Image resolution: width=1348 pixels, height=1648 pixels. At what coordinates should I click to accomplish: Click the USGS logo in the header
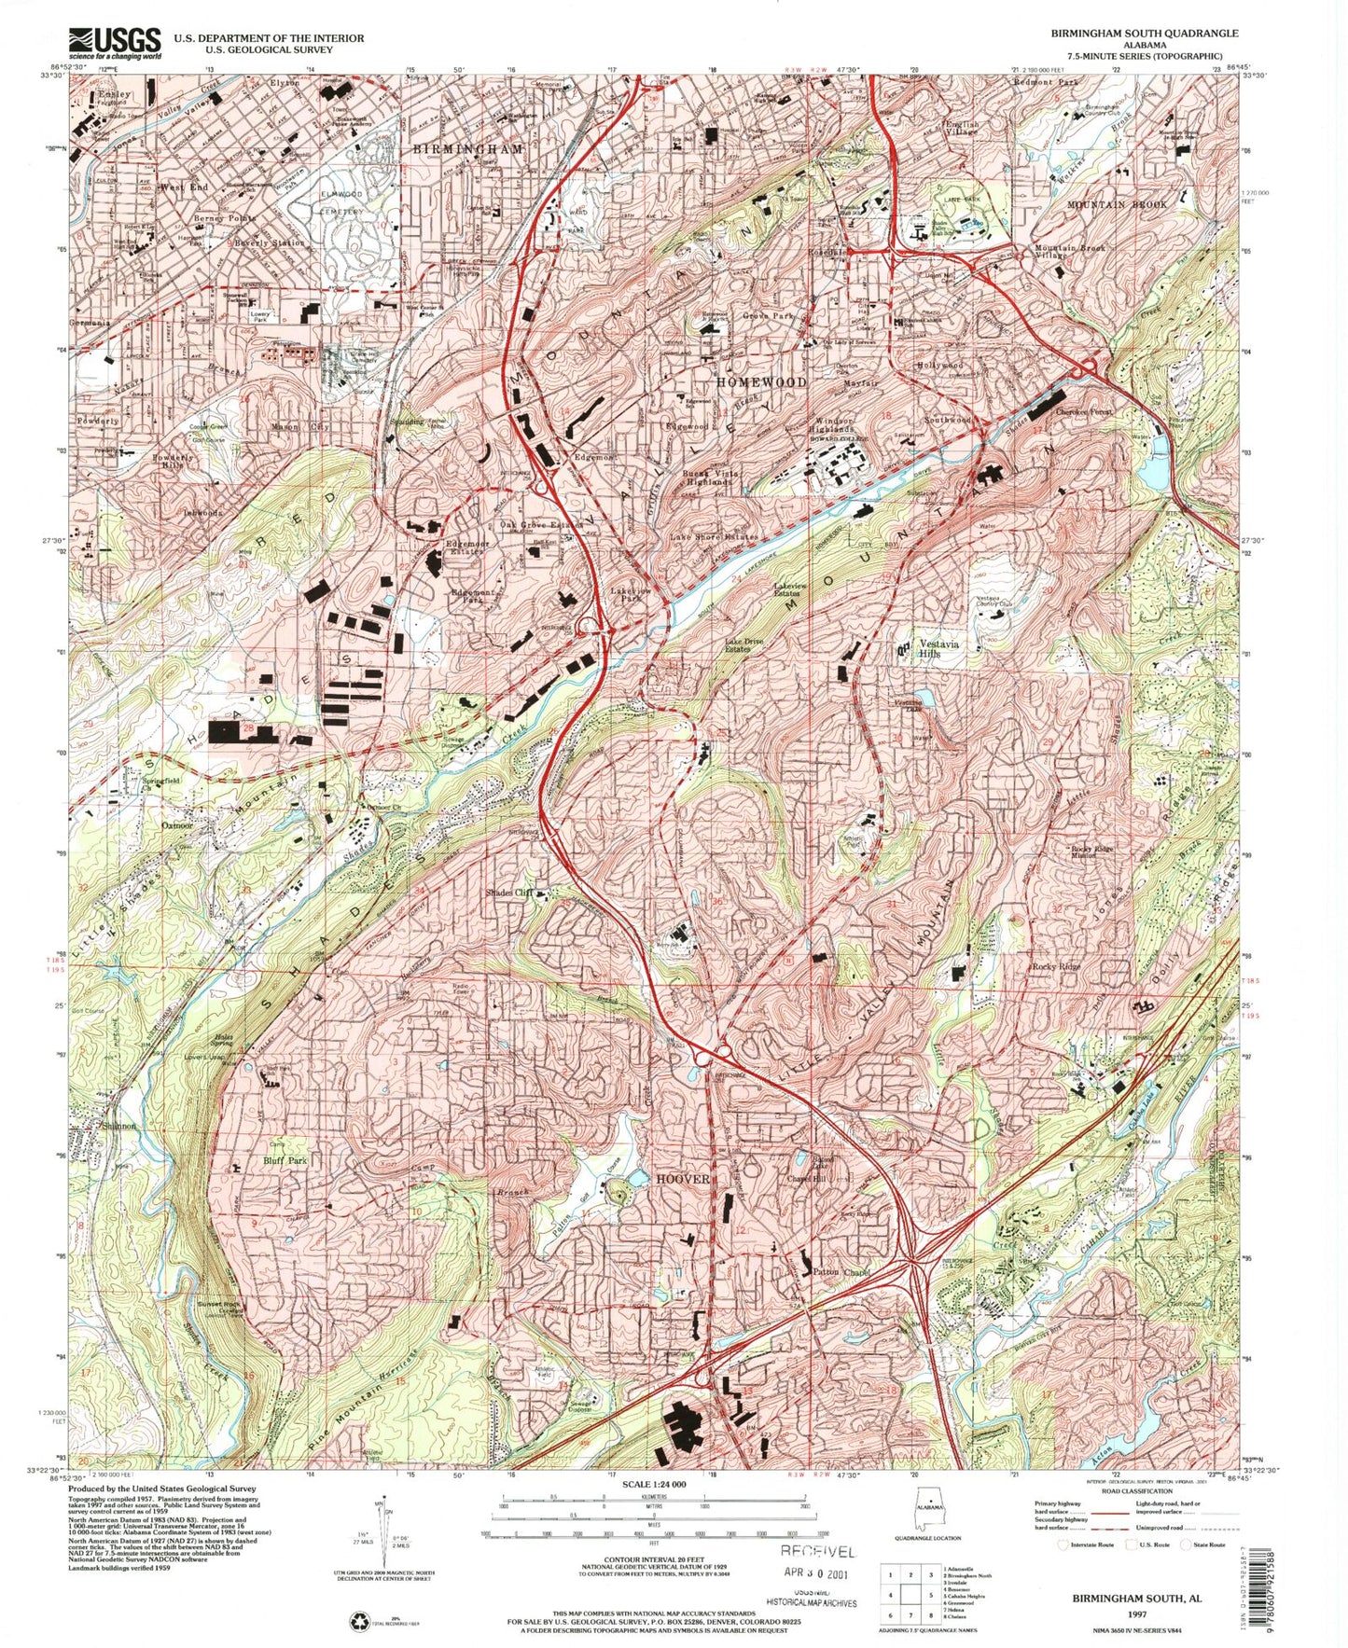(x=114, y=42)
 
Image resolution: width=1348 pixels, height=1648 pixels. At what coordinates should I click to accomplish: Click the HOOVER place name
(x=683, y=1179)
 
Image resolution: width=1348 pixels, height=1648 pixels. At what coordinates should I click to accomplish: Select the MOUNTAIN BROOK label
(x=1116, y=204)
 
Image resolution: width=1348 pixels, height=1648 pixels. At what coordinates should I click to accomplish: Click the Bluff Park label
(x=285, y=1161)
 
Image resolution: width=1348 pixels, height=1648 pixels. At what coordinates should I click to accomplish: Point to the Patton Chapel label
(x=841, y=1273)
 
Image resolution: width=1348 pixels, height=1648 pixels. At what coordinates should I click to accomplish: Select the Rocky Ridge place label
(x=1056, y=967)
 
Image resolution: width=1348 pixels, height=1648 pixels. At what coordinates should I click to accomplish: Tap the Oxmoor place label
(x=176, y=825)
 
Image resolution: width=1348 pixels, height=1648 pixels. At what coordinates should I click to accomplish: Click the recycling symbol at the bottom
(x=361, y=1624)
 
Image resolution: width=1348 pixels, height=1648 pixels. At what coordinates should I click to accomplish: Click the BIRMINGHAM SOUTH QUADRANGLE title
(x=1144, y=33)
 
